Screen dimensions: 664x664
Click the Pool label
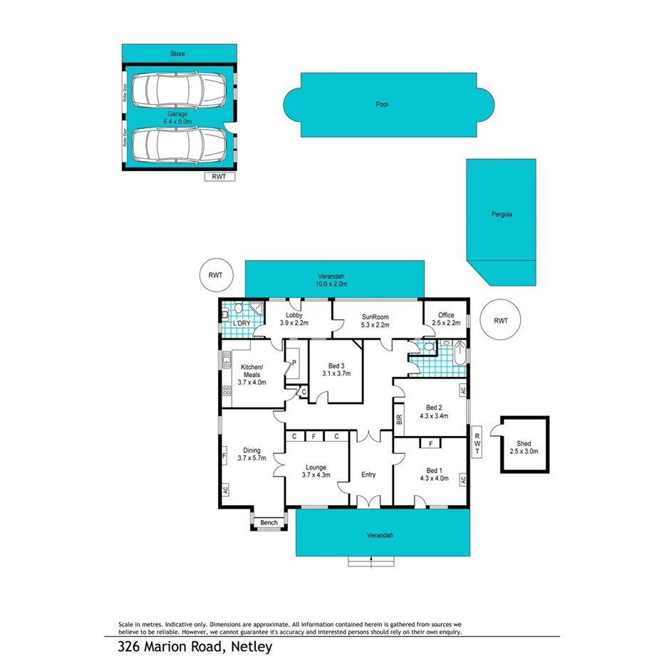point(383,105)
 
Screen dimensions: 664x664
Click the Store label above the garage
point(177,53)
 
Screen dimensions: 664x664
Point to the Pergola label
point(501,214)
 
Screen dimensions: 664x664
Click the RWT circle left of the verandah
point(215,275)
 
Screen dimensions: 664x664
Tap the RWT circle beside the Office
point(500,321)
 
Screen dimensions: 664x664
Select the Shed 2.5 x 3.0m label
point(524,447)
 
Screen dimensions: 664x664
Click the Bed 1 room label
point(434,474)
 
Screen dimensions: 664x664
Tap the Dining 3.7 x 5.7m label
point(251,454)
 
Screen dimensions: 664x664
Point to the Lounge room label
point(316,470)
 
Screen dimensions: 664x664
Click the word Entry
point(368,474)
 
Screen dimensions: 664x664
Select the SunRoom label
point(376,320)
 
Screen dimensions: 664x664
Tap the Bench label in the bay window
point(269,522)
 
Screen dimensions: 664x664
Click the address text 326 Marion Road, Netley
point(195,647)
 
